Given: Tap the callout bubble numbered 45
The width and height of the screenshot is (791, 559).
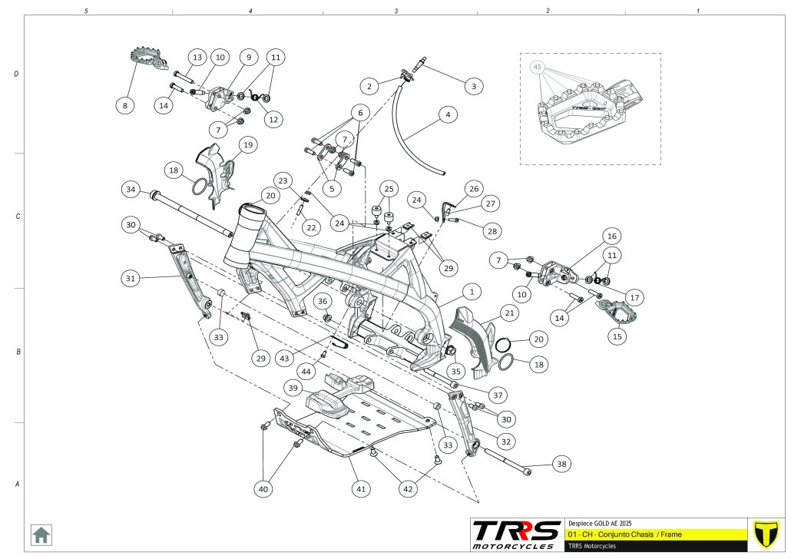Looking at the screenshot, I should [x=538, y=68].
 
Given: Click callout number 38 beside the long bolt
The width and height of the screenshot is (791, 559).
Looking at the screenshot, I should [x=562, y=464].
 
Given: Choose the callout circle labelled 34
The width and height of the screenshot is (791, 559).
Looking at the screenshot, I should [x=131, y=189].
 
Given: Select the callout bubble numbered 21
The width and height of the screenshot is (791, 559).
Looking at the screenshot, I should [x=508, y=313].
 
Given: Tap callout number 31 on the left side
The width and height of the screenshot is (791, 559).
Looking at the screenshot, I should [x=131, y=277].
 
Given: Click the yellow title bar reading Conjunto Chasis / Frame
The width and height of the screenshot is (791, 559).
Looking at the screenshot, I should [x=654, y=533].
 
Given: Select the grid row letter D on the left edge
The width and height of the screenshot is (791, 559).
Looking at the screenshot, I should [x=16, y=74].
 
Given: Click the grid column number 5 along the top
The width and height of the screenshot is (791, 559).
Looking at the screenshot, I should [x=86, y=12].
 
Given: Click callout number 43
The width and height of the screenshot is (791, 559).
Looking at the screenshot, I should [x=285, y=359].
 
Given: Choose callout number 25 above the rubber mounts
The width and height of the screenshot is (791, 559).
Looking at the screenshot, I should [x=389, y=188].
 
